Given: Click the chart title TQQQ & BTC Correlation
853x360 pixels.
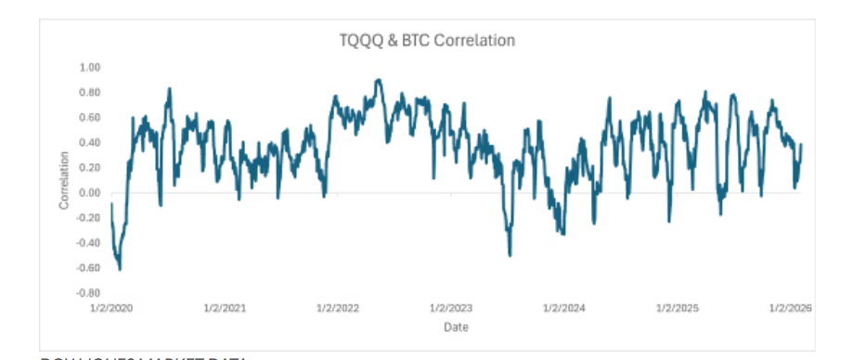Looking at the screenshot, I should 426,41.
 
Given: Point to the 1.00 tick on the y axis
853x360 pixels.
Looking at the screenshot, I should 90,68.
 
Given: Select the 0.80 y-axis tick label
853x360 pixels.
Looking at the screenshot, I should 90,93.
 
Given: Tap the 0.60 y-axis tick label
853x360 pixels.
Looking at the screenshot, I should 90,118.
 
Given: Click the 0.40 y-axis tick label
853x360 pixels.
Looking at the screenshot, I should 90,143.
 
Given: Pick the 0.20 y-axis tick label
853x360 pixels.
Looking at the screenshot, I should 90,168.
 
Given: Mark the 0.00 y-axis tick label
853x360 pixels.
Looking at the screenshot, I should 90,193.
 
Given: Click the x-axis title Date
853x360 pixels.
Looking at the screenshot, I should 455,328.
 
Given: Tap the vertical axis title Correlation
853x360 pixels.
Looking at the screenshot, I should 64,180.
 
